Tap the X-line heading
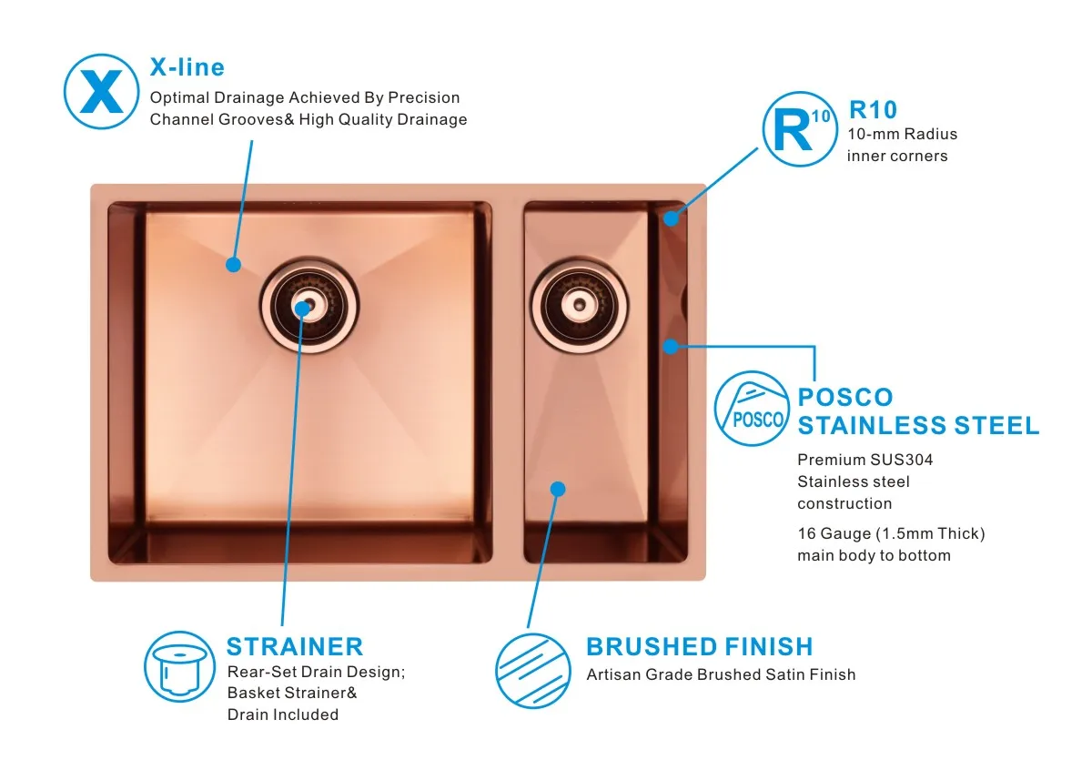coord(187,67)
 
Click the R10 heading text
coord(873,110)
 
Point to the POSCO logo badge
coord(751,408)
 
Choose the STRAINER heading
coord(294,646)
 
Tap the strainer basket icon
coord(180,666)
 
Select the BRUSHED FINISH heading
coord(699,647)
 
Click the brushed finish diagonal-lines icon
coord(531,671)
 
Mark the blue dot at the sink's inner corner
coord(671,218)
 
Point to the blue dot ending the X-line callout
coord(233,265)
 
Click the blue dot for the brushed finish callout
coord(559,489)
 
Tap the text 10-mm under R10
coord(870,134)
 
